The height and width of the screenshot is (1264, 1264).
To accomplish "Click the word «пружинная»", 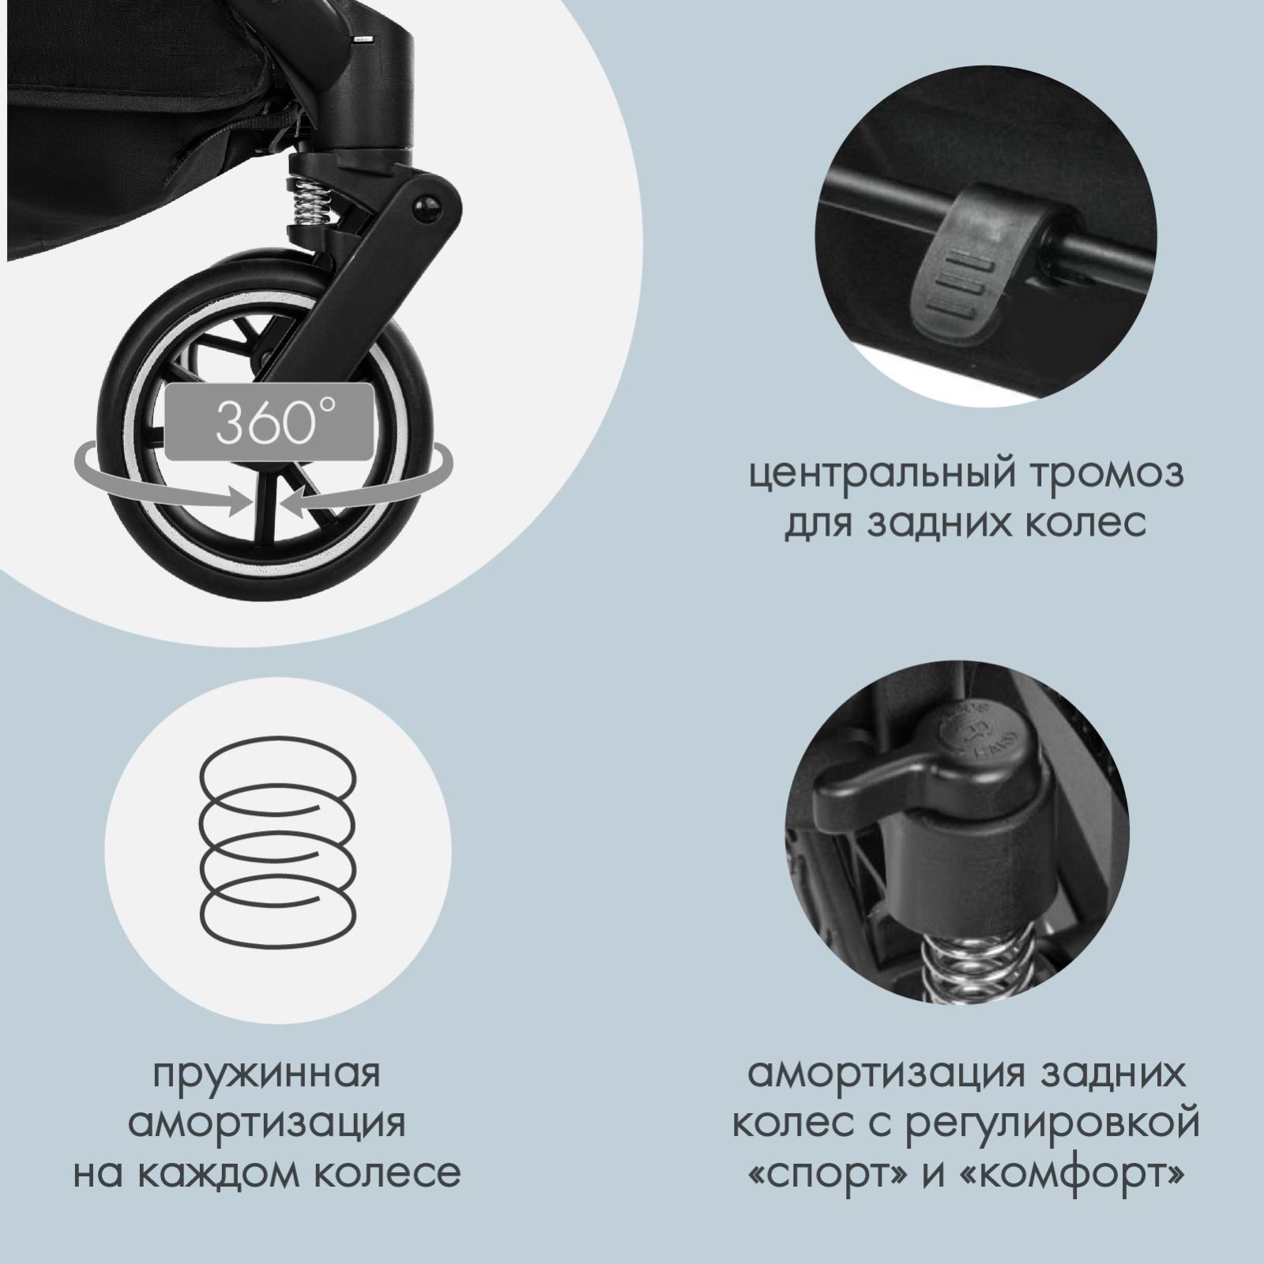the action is pyautogui.click(x=266, y=1076).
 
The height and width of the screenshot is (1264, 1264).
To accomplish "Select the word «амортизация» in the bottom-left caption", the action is pyautogui.click(x=267, y=1125).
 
